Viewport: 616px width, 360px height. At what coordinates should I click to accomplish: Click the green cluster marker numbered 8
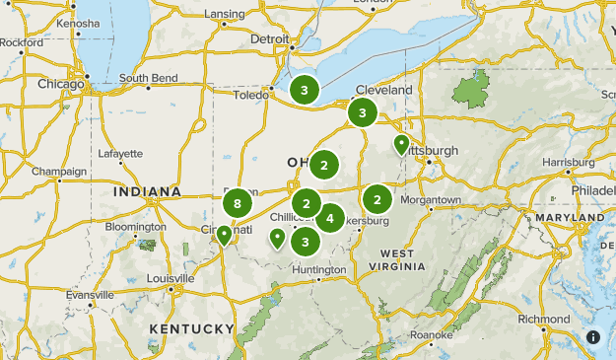coord(237,204)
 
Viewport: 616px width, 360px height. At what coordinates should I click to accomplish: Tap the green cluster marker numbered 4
coord(329,218)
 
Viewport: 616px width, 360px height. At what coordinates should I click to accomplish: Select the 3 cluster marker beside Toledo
coord(305,91)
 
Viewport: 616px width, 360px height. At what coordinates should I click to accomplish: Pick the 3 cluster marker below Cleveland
coord(363,112)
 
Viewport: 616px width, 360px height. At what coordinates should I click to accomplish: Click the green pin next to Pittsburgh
coord(401,145)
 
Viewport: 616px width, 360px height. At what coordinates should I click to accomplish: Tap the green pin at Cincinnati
coord(225,235)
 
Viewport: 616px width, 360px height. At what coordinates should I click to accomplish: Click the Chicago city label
coord(61,84)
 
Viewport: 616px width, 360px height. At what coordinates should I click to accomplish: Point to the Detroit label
coord(270,39)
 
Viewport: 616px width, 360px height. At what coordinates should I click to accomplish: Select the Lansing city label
coord(225,14)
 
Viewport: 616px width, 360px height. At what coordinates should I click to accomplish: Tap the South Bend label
coord(147,79)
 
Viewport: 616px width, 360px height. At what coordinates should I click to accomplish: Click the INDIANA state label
coord(147,191)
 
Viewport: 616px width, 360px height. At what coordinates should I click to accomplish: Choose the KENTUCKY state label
coord(192,328)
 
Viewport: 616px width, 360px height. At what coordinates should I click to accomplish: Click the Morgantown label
coord(430,200)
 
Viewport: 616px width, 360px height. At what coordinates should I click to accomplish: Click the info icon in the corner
coord(593,337)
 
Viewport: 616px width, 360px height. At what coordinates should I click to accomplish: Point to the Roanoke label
coord(432,335)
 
